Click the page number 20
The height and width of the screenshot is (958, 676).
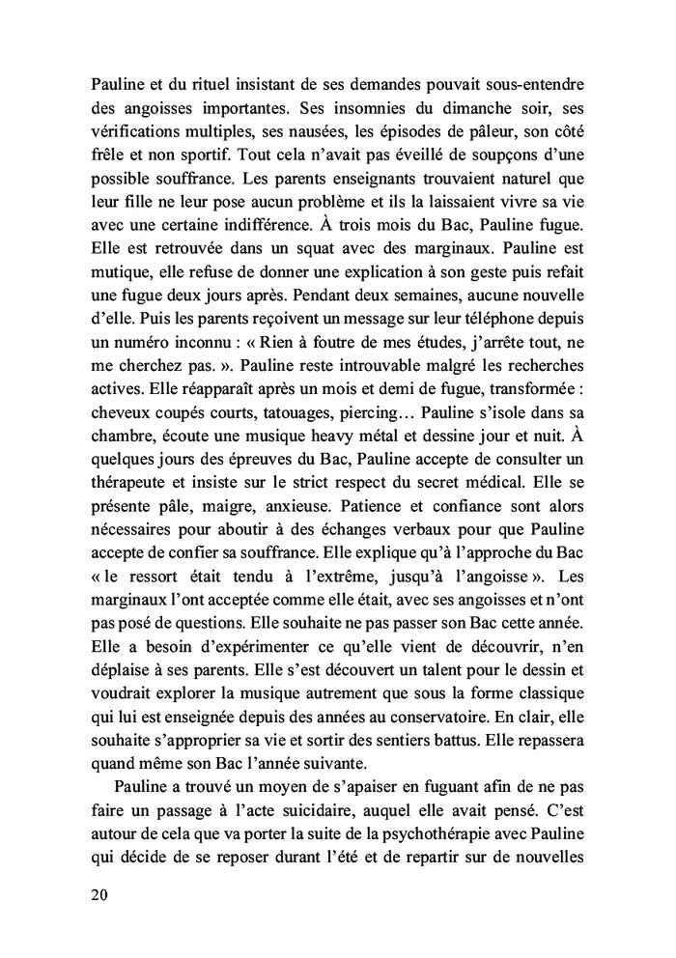tap(97, 894)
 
